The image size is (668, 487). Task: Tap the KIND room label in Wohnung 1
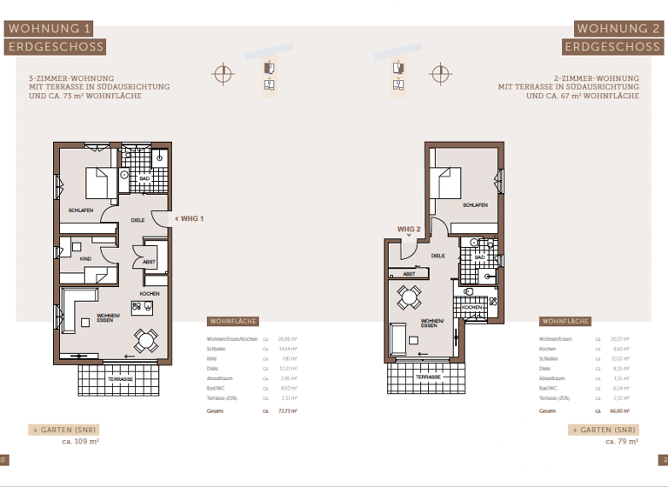[x=85, y=259]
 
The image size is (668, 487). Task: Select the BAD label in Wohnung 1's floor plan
[x=144, y=178]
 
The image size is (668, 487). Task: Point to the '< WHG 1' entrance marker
[x=190, y=218]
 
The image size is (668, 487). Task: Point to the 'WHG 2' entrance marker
[x=409, y=230]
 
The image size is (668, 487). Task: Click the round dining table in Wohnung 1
[x=145, y=338]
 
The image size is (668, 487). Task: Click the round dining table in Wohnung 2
[x=407, y=298]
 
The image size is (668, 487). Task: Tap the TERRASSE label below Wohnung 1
[x=120, y=379]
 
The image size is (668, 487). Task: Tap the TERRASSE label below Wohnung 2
[x=427, y=377]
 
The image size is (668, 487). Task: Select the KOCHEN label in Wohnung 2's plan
[x=471, y=308]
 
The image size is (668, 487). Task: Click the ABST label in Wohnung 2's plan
[x=408, y=273]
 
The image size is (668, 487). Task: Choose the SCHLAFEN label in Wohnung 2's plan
[x=474, y=205]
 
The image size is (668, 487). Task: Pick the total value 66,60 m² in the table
[x=620, y=410]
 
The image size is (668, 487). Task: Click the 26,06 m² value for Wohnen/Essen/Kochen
[x=288, y=337]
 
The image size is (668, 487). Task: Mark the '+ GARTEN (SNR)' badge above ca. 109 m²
[x=63, y=430]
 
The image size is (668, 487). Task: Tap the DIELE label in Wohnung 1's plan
[x=137, y=220]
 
